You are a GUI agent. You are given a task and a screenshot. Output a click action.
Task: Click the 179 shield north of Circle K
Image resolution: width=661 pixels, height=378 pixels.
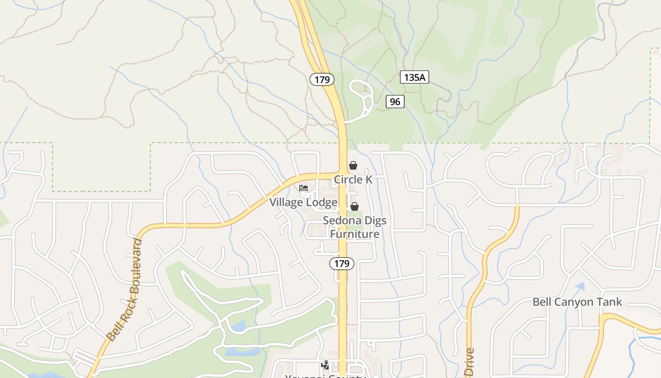[x=322, y=79]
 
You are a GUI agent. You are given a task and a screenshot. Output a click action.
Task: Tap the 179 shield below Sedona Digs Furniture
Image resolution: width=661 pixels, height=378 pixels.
[x=342, y=264]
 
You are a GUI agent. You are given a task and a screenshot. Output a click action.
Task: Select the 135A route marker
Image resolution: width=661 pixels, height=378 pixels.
[x=414, y=77]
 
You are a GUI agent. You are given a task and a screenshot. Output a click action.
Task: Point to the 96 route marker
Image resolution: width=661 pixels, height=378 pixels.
[x=395, y=102]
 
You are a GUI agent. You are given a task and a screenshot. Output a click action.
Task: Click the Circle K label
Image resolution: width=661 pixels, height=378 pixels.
[x=353, y=180]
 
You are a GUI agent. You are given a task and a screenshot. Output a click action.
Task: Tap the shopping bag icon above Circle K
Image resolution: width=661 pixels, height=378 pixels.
[x=353, y=165]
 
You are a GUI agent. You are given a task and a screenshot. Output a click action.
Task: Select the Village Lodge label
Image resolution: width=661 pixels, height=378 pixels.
[x=303, y=202]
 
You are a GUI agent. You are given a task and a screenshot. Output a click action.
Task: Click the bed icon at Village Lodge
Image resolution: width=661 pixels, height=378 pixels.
[x=304, y=189]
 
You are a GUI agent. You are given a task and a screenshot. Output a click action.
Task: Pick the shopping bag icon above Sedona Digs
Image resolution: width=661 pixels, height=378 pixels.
[x=354, y=206]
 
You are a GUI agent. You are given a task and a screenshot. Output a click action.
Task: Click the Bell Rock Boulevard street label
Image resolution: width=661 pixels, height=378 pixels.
[x=124, y=290]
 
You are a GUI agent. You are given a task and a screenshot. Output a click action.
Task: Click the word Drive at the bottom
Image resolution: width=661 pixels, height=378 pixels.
[x=469, y=362]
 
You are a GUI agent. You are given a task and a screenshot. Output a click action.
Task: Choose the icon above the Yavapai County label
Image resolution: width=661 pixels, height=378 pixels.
[x=325, y=365]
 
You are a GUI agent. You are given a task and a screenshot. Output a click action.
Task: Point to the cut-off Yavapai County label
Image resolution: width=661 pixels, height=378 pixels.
[x=325, y=376]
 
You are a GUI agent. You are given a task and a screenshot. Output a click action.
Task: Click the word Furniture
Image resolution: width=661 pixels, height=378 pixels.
[x=354, y=234]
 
